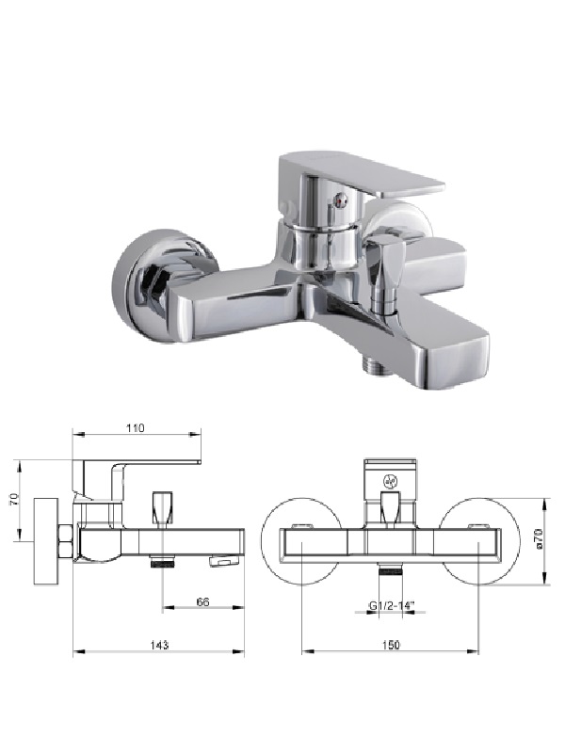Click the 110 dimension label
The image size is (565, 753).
pyautogui.click(x=136, y=428)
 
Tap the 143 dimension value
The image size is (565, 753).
pyautogui.click(x=159, y=645)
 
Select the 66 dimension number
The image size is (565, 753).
pyautogui.click(x=203, y=601)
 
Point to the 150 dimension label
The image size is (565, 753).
pyautogui.click(x=391, y=645)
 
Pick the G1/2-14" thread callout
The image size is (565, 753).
pyautogui.click(x=391, y=606)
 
